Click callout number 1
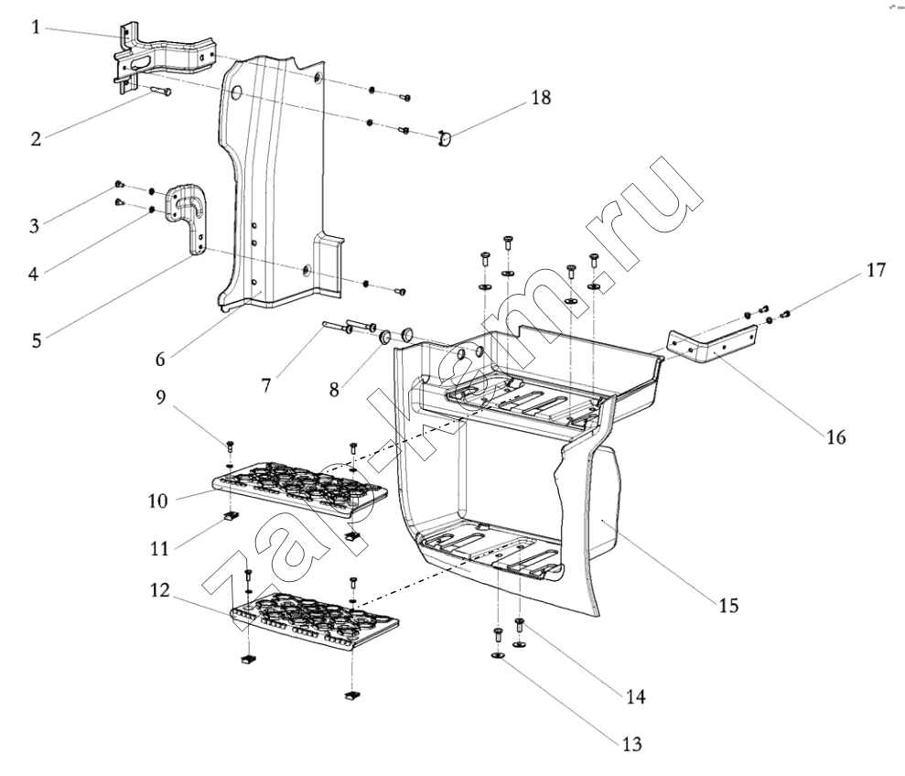(x=37, y=27)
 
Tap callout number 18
(x=541, y=97)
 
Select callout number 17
(x=876, y=270)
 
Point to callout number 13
(x=632, y=744)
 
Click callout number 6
(x=160, y=359)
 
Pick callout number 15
(x=728, y=605)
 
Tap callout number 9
(x=160, y=396)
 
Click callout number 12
(x=160, y=590)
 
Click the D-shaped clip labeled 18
(x=445, y=138)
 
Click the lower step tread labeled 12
(x=315, y=621)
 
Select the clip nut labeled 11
(x=232, y=515)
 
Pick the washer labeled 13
(x=498, y=655)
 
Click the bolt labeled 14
(x=519, y=624)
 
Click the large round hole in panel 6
(x=236, y=94)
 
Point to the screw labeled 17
(x=785, y=314)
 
